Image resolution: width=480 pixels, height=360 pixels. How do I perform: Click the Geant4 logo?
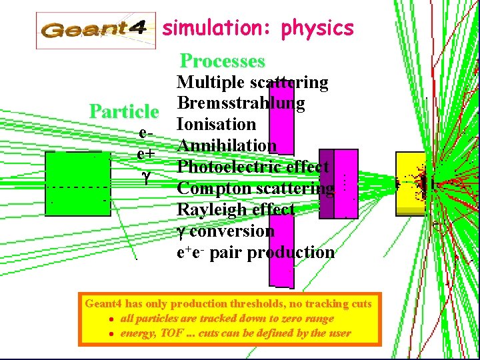[95, 30]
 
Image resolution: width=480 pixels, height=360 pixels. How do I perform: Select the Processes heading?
[223, 61]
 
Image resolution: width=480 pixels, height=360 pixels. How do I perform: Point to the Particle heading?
[124, 111]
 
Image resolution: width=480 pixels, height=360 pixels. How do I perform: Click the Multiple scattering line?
[252, 83]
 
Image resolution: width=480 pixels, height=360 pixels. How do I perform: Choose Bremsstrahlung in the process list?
[241, 104]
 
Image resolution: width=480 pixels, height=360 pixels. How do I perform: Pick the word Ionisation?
[216, 125]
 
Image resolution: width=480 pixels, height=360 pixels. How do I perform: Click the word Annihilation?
[227, 145]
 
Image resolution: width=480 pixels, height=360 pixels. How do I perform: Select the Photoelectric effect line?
[252, 167]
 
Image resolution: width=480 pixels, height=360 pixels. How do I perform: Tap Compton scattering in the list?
[255, 189]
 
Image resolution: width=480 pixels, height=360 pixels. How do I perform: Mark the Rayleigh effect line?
[235, 209]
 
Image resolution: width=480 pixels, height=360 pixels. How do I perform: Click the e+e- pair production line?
[255, 252]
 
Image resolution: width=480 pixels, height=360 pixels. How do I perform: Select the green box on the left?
[78, 183]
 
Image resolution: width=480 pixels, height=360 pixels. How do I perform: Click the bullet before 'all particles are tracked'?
[113, 319]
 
